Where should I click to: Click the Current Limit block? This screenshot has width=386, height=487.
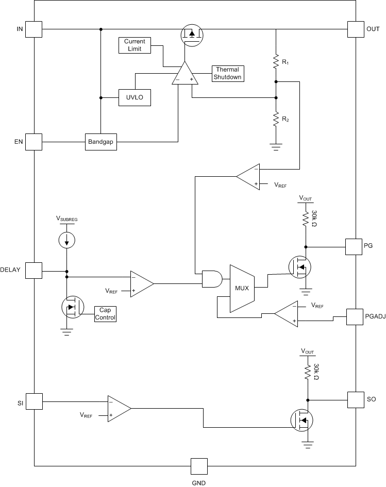[x=135, y=45]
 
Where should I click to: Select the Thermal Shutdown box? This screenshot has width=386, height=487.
[x=228, y=73]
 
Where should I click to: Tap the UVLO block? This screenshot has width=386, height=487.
[x=135, y=97]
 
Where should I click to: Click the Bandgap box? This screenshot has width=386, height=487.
[x=101, y=142]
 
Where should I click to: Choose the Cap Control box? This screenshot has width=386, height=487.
[x=105, y=314]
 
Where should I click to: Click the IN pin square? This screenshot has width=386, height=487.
[x=34, y=29]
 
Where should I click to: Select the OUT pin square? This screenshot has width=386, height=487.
[x=356, y=29]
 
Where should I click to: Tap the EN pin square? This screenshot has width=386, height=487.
[x=34, y=142]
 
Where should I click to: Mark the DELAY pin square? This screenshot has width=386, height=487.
[x=34, y=271]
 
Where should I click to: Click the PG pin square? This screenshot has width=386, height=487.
[x=353, y=246]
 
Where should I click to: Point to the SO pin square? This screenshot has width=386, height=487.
[x=356, y=400]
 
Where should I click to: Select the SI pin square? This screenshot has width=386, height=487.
[x=34, y=400]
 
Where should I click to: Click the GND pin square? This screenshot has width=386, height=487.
[x=198, y=466]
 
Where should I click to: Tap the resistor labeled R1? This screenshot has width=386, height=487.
[x=276, y=62]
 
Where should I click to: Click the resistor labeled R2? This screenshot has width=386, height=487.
[x=276, y=120]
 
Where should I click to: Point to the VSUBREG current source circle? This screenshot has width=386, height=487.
[x=66, y=240]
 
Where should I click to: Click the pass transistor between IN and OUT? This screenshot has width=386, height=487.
[x=192, y=35]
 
